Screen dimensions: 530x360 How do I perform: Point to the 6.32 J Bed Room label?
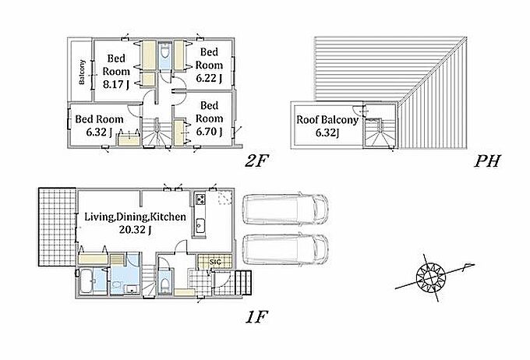(x=99, y=125)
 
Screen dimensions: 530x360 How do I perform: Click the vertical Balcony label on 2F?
(x=82, y=72)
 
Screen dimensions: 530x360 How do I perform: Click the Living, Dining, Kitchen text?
(x=135, y=217)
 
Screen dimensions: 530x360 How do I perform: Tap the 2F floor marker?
(x=256, y=162)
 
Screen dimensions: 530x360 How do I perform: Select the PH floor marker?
(x=486, y=161)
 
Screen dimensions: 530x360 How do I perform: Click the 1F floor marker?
(x=256, y=317)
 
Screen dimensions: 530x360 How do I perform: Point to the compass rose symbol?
(x=430, y=279)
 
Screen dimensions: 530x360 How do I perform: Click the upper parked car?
(x=285, y=210)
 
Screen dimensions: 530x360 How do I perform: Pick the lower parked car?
(x=285, y=249)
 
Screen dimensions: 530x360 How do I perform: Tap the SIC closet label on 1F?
(x=214, y=262)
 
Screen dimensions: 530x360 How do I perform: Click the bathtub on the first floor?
(x=87, y=281)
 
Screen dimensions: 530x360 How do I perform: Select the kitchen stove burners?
(x=200, y=199)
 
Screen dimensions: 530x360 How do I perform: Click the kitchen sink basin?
(x=200, y=224)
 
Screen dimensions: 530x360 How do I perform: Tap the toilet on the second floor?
(x=164, y=53)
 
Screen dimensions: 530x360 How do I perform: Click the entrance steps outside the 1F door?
(x=243, y=282)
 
